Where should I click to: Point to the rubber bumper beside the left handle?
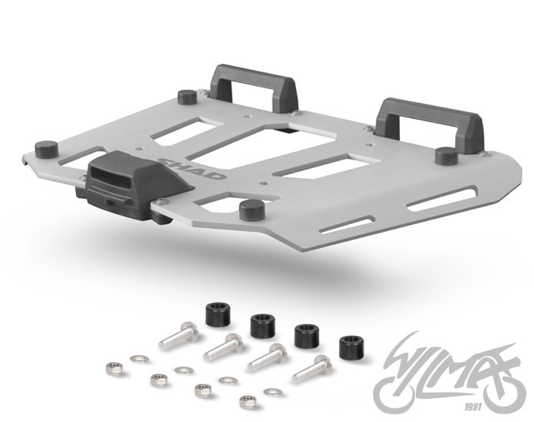(186, 97)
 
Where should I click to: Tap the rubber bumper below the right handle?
(445, 155)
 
